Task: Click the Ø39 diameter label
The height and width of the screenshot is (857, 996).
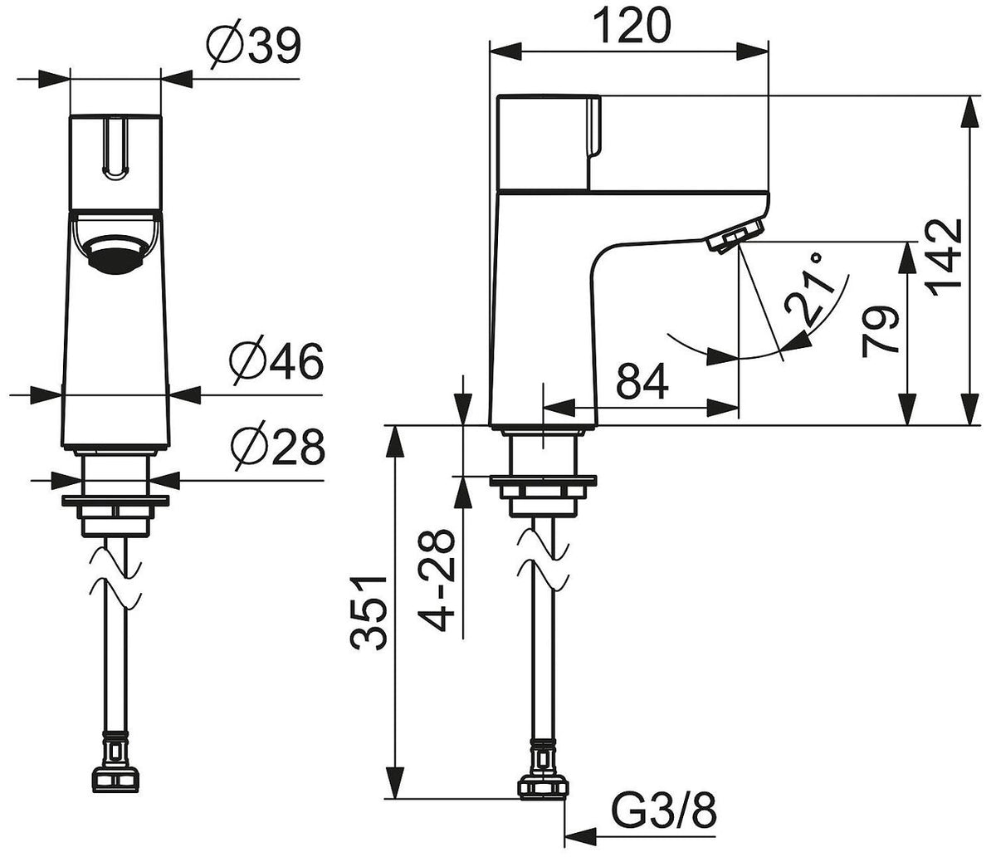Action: pos(254,46)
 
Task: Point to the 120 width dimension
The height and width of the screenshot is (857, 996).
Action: pos(632,25)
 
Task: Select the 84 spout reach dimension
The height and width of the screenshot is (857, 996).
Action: pos(642,381)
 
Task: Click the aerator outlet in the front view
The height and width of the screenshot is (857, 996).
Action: pos(115,253)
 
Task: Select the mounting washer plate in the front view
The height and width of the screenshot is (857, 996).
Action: pos(115,501)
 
